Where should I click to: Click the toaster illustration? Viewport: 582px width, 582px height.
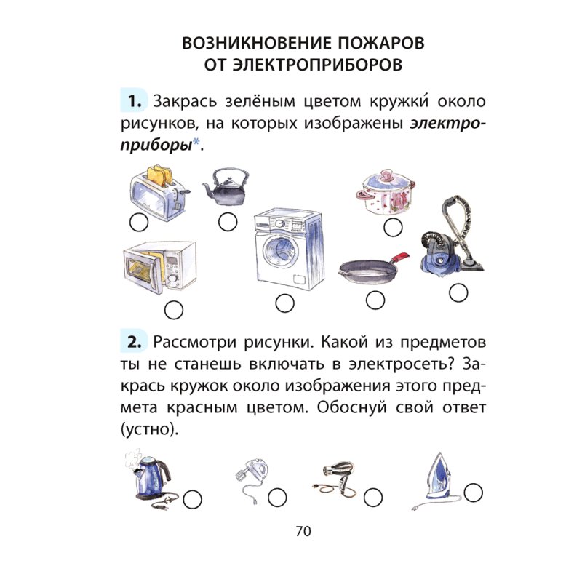(x=159, y=190)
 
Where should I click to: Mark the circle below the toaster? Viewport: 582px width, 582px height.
(x=137, y=223)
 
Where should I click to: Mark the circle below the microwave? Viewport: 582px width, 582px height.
(x=173, y=310)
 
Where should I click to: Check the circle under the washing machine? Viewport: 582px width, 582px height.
(x=284, y=303)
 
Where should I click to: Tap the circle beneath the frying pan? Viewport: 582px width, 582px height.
(x=375, y=299)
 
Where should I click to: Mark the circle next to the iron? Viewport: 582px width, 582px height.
(x=474, y=492)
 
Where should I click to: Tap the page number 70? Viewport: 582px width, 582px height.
(x=303, y=531)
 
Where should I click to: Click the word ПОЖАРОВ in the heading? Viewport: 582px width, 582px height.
(x=374, y=41)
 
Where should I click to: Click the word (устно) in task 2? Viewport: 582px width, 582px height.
(x=145, y=428)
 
